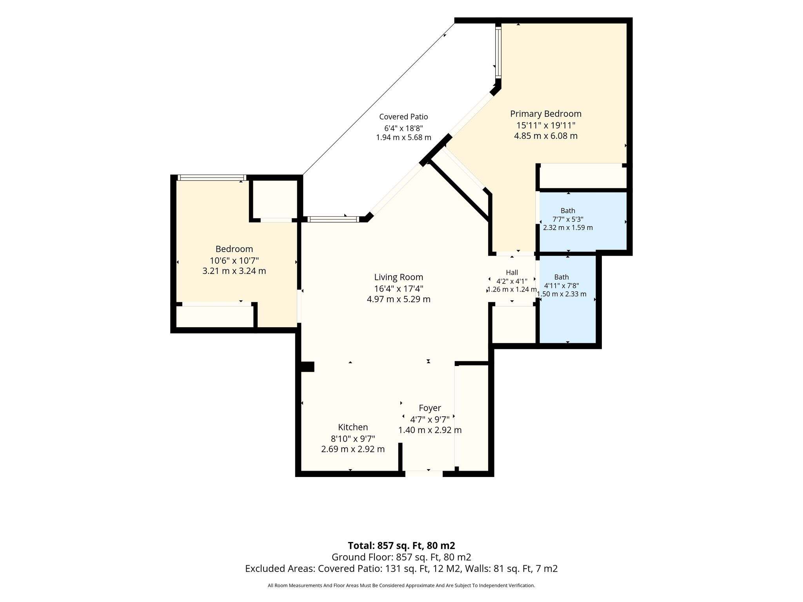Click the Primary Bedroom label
[x=545, y=114]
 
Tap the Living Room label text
[x=398, y=277]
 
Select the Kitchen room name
[x=353, y=427]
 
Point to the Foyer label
[x=430, y=408]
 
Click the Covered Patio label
[x=403, y=117]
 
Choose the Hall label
[x=512, y=272]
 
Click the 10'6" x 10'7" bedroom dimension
[x=234, y=260]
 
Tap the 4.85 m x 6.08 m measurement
[x=545, y=136]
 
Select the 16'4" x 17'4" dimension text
[x=398, y=288]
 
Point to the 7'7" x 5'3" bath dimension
[x=568, y=219]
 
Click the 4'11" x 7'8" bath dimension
[x=561, y=286]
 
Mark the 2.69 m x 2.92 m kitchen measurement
[x=353, y=449]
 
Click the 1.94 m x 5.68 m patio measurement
[x=403, y=138]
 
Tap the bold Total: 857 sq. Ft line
[x=401, y=546]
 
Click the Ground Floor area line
[x=401, y=557]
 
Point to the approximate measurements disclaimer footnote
[x=401, y=586]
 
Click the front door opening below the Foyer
[x=424, y=474]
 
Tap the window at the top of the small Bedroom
[x=212, y=178]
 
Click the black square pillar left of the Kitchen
[x=307, y=366]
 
